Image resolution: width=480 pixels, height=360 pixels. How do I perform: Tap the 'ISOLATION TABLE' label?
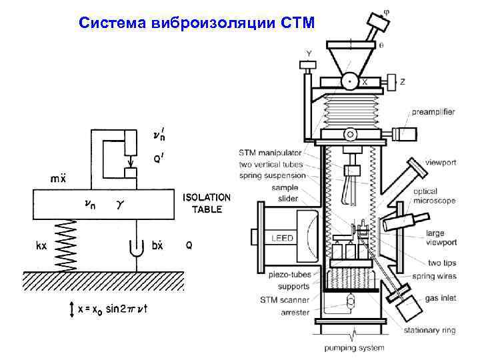(206, 203)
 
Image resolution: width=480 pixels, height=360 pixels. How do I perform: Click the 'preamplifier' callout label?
(433, 112)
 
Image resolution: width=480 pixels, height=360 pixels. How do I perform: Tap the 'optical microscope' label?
(434, 196)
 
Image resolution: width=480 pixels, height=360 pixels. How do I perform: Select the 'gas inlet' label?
(441, 298)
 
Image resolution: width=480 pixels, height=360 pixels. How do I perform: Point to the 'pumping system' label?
(355, 347)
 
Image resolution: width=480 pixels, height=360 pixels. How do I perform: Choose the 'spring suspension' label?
(272, 176)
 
